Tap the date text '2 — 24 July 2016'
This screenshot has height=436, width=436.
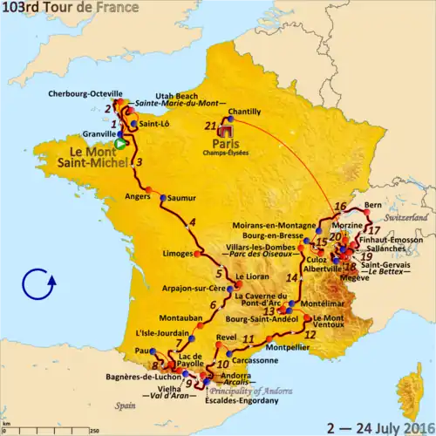379,426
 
